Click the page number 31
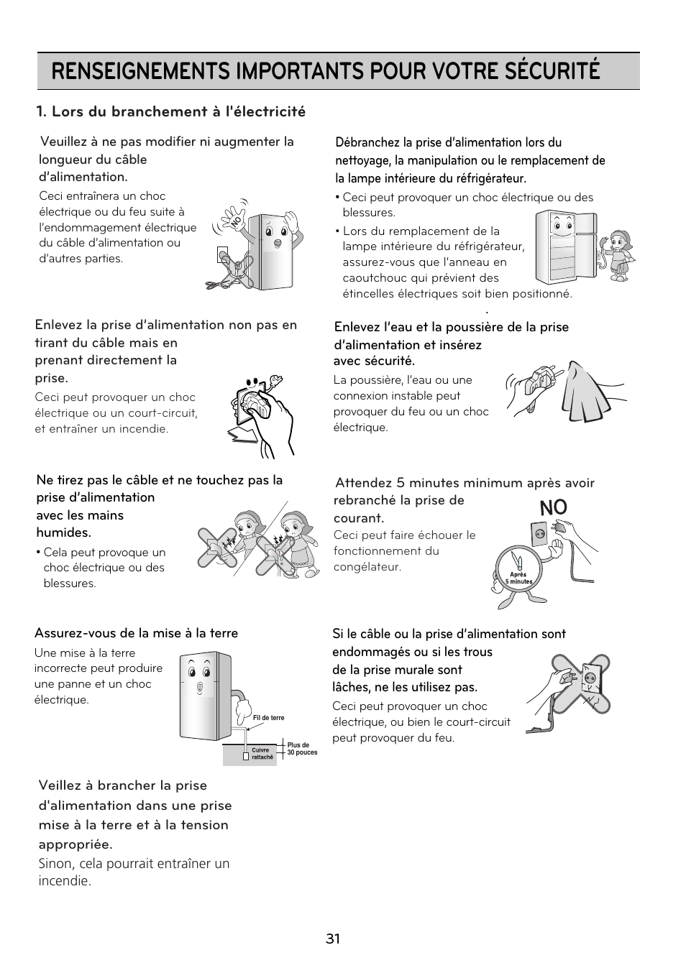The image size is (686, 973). pos(332,939)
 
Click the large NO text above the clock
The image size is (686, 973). pos(553,507)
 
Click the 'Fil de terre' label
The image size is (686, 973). pos(268,718)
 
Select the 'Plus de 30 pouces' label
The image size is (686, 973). pos(302,749)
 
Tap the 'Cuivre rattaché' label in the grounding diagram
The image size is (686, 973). pos(262,754)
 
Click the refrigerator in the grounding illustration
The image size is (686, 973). pos(204,694)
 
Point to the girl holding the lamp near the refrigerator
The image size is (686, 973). pos(617,255)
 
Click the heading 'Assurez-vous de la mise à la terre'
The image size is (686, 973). pos(136,633)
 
